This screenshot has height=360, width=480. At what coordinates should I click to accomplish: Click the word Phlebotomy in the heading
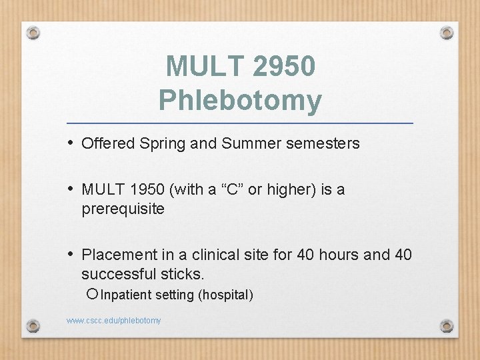[240, 101]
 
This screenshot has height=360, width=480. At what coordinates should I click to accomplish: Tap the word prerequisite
[123, 209]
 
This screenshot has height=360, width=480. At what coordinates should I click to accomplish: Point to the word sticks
[183, 274]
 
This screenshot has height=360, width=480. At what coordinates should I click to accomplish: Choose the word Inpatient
[127, 295]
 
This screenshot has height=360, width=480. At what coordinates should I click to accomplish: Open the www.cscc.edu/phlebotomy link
[114, 321]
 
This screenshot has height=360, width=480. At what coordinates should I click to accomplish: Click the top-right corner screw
[447, 32]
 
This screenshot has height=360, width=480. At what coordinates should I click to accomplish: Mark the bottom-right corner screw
[447, 326]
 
